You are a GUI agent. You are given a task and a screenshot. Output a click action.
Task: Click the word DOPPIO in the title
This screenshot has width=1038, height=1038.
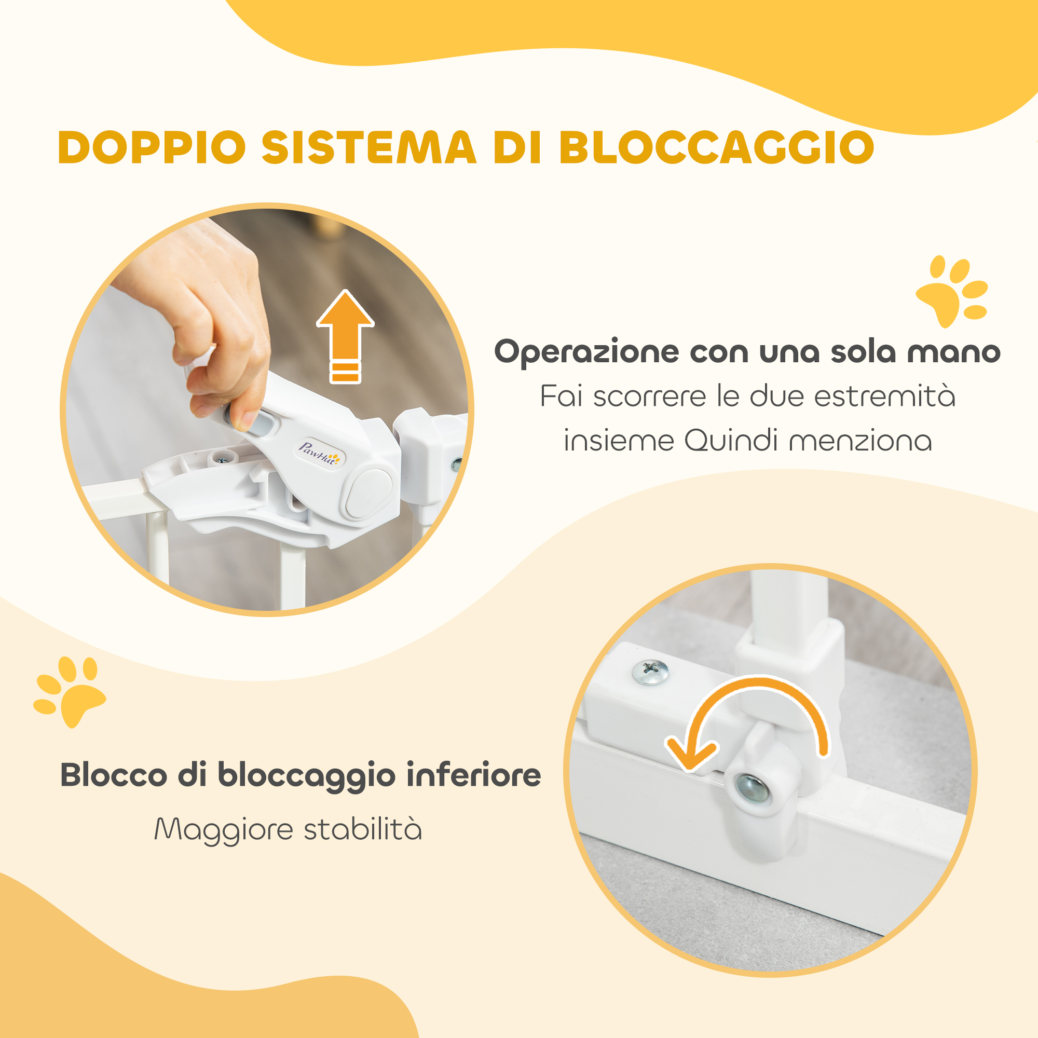pos(152,147)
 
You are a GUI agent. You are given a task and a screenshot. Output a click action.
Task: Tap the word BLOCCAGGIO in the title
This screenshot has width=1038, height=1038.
pos(717,147)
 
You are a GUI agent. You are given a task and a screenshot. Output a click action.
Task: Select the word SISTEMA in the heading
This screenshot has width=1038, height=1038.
pos(369,147)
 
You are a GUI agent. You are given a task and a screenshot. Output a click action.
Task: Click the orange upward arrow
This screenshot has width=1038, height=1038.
pos(345,336)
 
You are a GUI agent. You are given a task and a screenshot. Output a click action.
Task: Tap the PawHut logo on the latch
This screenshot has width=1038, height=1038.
pos(320,455)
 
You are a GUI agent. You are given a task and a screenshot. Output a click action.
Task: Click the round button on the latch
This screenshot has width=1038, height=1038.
pos(368,492)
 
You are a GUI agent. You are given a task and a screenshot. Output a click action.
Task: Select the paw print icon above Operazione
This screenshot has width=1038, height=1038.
pos(951,291)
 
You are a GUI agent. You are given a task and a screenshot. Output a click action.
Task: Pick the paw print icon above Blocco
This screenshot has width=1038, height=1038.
pos(70,691)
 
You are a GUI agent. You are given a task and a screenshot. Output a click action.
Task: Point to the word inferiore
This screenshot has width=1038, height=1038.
pos(473,775)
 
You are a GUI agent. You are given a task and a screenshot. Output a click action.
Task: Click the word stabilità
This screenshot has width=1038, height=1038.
pos(363,828)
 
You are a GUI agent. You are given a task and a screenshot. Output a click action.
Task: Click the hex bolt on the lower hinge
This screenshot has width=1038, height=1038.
pos(752,789)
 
